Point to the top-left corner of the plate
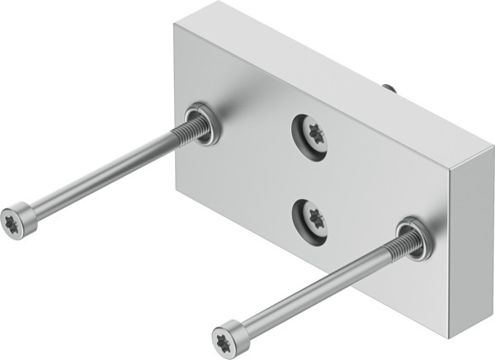[176, 23]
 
